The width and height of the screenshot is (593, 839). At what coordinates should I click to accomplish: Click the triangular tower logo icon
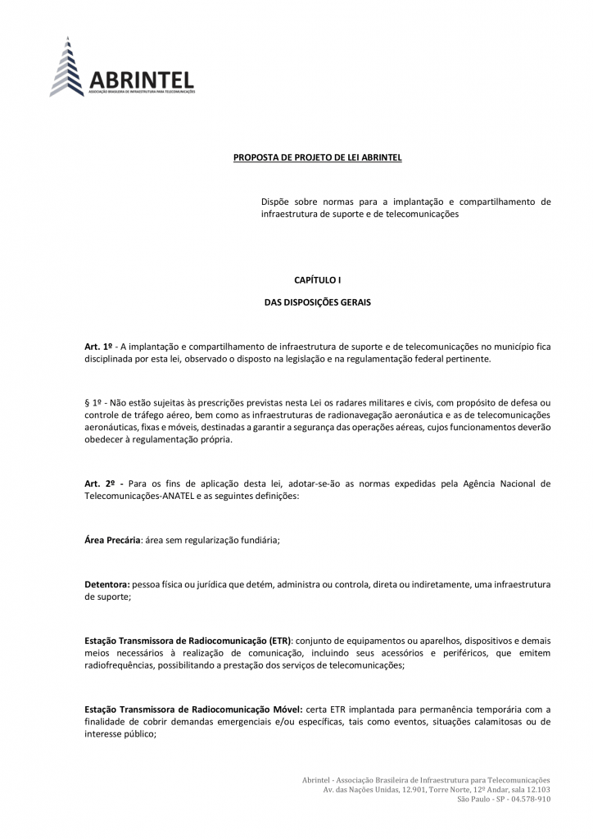[68, 67]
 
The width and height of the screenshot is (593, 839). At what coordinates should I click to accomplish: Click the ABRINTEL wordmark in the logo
[143, 79]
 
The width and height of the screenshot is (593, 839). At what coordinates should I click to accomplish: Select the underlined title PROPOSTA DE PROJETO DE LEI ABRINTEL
[318, 156]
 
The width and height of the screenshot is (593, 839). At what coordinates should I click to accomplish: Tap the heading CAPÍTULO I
[317, 280]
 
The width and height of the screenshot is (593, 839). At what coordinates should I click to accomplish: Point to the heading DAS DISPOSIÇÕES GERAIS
[317, 302]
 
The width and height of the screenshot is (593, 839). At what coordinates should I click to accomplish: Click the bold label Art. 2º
[98, 484]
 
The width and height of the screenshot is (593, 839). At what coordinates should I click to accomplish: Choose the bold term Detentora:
[107, 585]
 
